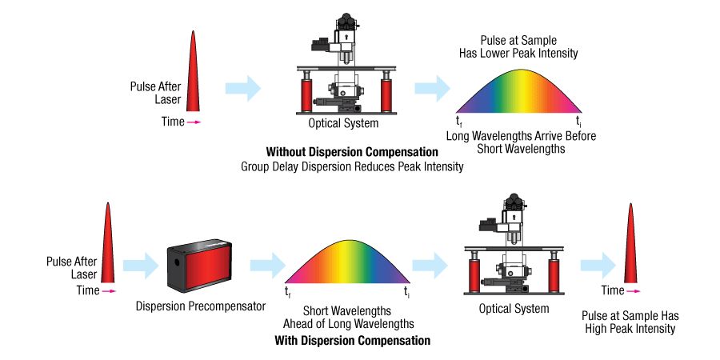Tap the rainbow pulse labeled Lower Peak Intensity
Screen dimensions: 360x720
(x=519, y=93)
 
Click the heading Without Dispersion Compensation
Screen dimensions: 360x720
(x=352, y=152)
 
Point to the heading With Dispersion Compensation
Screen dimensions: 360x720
(x=352, y=341)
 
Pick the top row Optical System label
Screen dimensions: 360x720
(x=343, y=124)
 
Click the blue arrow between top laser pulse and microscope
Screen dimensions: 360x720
(x=243, y=87)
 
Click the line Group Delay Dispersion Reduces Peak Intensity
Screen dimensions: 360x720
(x=352, y=166)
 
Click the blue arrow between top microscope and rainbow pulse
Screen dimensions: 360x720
(x=432, y=87)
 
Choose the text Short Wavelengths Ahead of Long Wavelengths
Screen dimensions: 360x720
(x=346, y=317)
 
